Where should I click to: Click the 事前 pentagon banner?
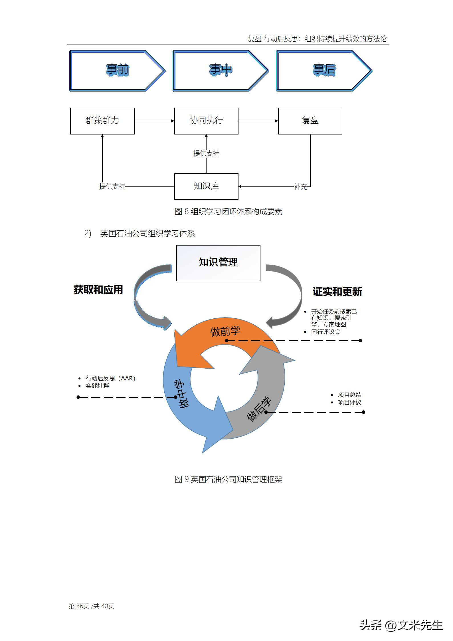(x=117, y=71)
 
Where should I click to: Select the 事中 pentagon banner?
(x=220, y=71)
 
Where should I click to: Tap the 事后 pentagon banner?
(x=324, y=71)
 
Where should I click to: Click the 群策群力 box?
(x=102, y=121)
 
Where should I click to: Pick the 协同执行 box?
(x=206, y=121)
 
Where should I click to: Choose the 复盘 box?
(x=310, y=121)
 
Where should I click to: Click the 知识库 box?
(x=206, y=186)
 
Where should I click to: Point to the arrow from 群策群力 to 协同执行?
(x=154, y=121)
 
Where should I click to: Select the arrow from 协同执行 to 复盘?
(x=258, y=121)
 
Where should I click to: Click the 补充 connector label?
(x=301, y=187)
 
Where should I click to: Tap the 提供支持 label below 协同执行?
(x=206, y=154)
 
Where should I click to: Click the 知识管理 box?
(x=218, y=263)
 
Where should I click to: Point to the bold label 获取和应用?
(x=98, y=290)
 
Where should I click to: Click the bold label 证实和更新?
(x=337, y=292)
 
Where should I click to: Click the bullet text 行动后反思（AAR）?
(x=110, y=378)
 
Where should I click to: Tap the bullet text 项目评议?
(x=349, y=402)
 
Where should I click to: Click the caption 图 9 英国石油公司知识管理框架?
(x=228, y=479)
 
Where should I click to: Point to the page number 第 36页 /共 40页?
(x=91, y=606)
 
